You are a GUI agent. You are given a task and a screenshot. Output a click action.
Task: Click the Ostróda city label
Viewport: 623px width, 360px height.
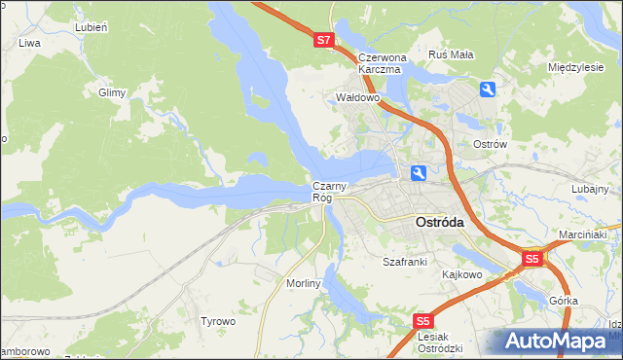(439, 222)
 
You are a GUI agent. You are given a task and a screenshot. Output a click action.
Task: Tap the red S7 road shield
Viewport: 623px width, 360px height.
(324, 41)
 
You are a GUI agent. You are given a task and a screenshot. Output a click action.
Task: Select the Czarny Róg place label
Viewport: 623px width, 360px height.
(323, 192)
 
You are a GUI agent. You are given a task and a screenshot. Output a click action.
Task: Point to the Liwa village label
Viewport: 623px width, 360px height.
(29, 43)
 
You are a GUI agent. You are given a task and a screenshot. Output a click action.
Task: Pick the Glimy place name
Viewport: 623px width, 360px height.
(112, 93)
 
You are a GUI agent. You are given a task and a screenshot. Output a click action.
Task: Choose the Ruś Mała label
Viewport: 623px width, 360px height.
(452, 54)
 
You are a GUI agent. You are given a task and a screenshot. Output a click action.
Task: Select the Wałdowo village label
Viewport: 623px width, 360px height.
(356, 98)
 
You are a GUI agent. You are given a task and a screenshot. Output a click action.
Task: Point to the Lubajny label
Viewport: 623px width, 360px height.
(590, 189)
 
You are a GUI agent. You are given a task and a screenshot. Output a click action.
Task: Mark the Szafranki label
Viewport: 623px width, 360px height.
(405, 262)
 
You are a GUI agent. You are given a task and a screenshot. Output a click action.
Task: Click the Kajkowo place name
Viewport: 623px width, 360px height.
(462, 274)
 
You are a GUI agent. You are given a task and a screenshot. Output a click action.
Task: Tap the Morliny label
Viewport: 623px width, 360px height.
(304, 282)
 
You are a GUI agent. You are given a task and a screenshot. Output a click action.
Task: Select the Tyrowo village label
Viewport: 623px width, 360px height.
(218, 320)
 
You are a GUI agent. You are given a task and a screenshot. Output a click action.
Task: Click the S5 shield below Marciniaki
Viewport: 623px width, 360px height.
(531, 260)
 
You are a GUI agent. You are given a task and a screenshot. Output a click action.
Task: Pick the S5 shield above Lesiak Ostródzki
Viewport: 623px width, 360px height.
(422, 320)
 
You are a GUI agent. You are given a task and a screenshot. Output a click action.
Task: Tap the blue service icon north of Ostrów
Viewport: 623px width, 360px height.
(488, 90)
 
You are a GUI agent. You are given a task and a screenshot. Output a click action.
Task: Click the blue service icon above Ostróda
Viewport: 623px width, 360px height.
(418, 173)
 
